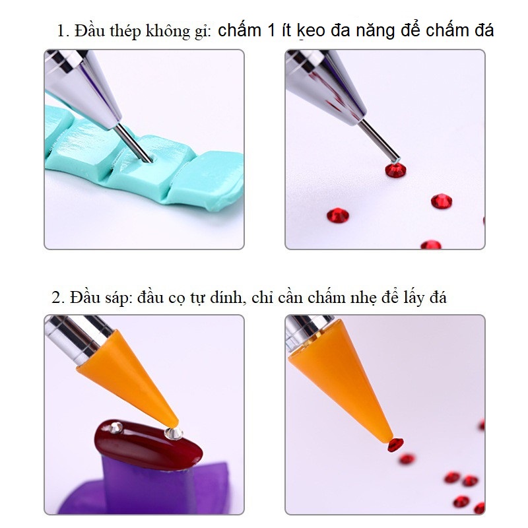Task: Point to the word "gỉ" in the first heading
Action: tap(201, 31)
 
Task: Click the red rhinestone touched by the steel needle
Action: tap(395, 170)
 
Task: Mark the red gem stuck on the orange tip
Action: tap(395, 445)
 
